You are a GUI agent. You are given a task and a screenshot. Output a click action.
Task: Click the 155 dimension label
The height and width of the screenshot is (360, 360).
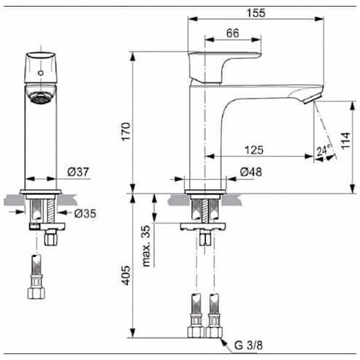256,13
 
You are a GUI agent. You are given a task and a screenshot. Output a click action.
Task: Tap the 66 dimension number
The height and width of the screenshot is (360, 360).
233,33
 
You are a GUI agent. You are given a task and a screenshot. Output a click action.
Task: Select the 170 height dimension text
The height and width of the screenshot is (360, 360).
126,131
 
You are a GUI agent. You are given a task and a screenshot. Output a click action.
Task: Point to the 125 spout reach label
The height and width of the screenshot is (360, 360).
254,150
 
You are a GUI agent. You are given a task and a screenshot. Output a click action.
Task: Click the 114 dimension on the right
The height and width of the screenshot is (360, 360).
345,141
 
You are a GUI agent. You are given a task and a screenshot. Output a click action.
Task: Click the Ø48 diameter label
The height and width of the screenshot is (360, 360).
251,172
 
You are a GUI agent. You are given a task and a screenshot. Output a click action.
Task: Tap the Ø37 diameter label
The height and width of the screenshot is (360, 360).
78,172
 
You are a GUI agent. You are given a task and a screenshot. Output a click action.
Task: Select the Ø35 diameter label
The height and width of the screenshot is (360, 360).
85,213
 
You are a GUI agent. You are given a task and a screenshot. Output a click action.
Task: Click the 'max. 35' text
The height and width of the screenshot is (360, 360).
146,246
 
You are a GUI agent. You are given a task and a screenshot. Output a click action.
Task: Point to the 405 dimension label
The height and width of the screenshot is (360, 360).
126,275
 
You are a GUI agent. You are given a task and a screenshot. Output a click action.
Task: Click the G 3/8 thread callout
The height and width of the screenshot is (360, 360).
248,345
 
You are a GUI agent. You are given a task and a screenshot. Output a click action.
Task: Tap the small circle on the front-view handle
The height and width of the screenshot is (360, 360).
41,73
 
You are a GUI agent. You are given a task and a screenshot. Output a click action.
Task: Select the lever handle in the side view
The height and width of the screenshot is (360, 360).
225,67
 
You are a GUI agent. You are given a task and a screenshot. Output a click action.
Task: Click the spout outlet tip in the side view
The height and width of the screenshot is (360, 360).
313,99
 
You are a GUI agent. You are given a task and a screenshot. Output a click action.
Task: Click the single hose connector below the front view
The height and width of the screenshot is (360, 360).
37,277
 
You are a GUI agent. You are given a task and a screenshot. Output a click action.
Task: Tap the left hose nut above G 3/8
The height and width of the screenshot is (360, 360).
196,332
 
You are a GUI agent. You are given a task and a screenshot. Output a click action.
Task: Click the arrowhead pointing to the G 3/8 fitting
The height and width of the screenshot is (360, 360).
224,342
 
